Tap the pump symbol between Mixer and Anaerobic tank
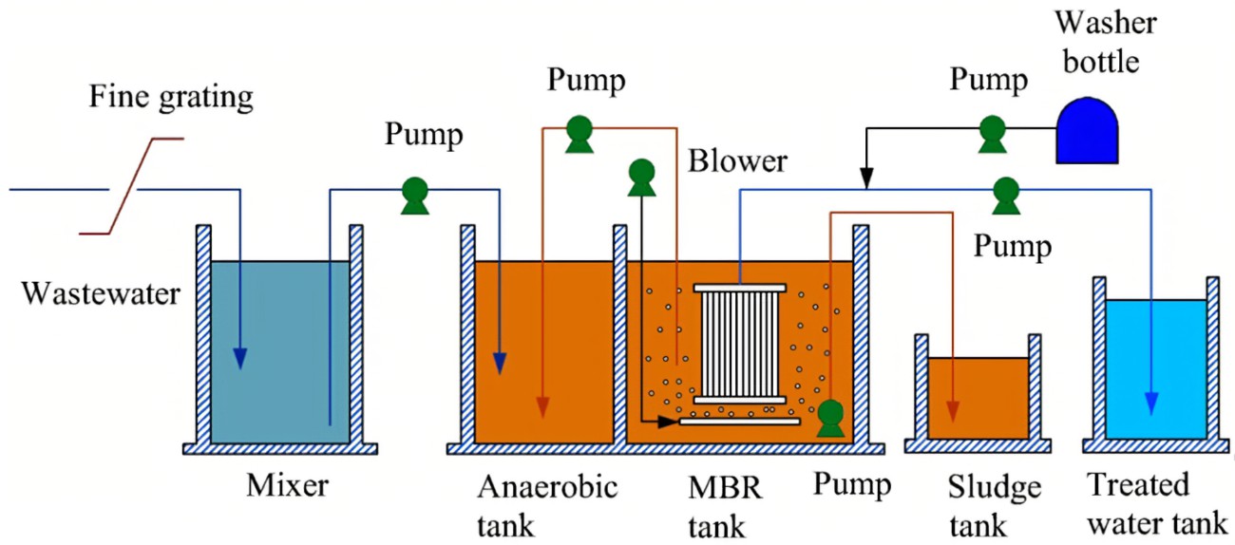tap(413, 195)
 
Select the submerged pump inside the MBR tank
tap(830, 417)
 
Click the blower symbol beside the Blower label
tap(642, 176)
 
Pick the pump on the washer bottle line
tap(992, 132)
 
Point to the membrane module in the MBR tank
tap(740, 343)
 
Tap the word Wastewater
tap(101, 292)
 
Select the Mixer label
tap(287, 486)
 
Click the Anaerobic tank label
tap(547, 504)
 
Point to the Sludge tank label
tap(995, 504)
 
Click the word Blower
tap(737, 160)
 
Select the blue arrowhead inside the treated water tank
tap(1152, 403)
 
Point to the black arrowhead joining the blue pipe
tap(865, 178)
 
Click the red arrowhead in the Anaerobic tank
tap(542, 407)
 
